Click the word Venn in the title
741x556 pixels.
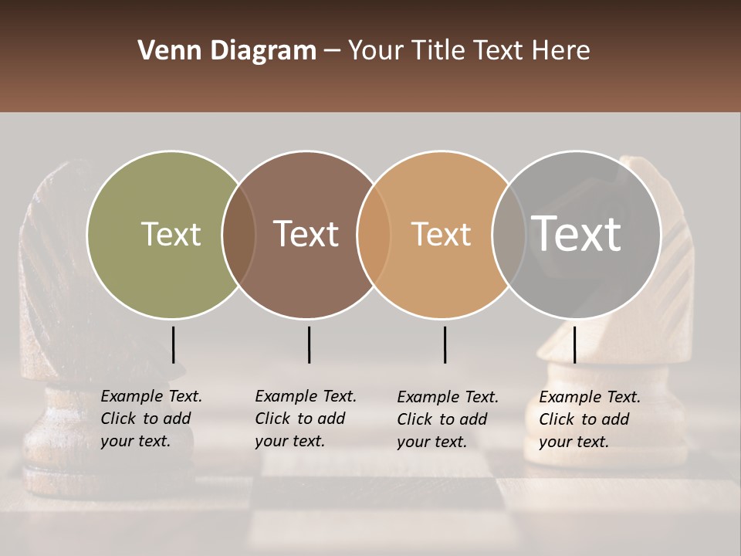point(164,51)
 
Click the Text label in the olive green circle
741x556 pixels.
point(171,234)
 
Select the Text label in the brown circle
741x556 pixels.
point(306,234)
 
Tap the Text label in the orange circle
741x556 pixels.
point(441,234)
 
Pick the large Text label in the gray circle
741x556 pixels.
point(577,234)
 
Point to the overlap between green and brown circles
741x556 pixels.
point(239,234)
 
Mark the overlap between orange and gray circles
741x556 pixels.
point(509,234)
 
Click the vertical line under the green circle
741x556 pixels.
point(173,344)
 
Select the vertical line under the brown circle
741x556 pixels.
point(309,344)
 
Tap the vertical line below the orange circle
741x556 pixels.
point(445,344)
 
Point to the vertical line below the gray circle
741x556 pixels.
point(574,344)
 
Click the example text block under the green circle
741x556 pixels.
point(151,419)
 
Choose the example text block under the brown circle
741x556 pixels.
point(305,419)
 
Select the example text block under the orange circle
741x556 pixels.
point(447,419)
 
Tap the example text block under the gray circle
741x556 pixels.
point(589,419)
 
